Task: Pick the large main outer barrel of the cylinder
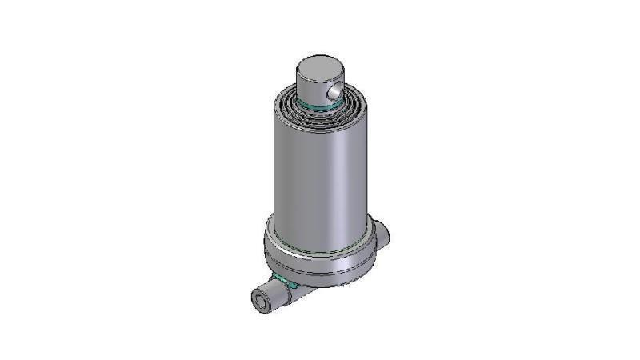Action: (x=320, y=176)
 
